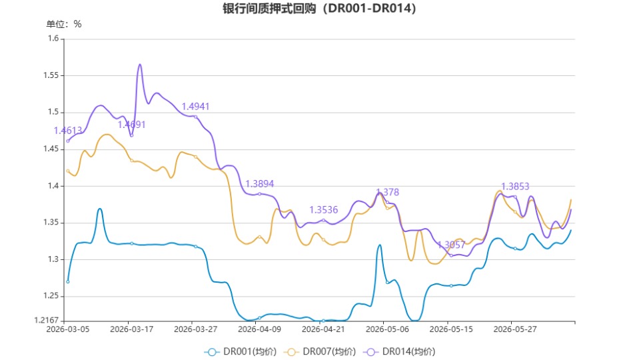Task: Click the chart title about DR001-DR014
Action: [x=319, y=8]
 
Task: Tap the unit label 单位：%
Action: [x=63, y=24]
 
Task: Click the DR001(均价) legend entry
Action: [x=241, y=351]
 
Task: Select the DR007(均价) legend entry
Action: [x=320, y=351]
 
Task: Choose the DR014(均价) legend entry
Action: [x=399, y=351]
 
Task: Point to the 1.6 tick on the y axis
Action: [x=53, y=38]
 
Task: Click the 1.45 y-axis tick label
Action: [x=51, y=149]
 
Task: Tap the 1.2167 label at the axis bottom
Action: [x=47, y=321]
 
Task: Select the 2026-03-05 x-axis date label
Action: [x=68, y=329]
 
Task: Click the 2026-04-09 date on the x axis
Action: [x=260, y=329]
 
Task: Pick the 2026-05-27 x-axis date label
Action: [x=515, y=329]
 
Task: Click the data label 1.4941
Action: [x=195, y=107]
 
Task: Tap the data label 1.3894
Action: [x=260, y=184]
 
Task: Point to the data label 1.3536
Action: [x=324, y=210]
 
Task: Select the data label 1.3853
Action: [x=515, y=186]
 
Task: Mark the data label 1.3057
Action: [x=451, y=245]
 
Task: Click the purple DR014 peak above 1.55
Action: [x=140, y=65]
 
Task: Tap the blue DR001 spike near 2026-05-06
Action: [x=380, y=245]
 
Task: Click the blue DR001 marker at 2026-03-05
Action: [x=68, y=282]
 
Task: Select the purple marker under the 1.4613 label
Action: [x=68, y=141]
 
